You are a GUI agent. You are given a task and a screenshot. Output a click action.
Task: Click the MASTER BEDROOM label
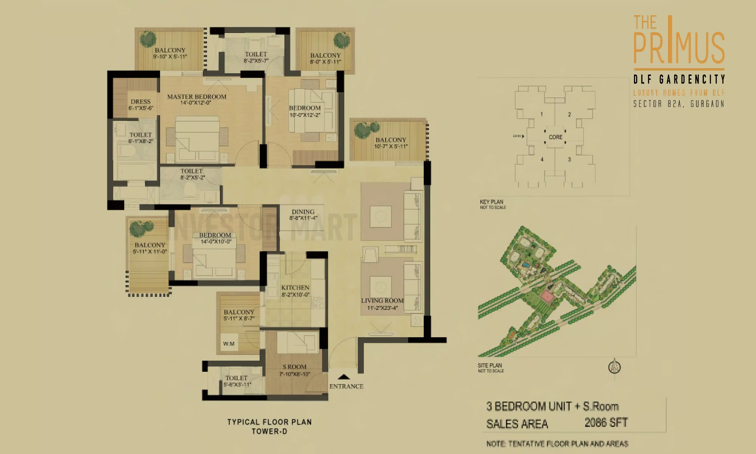point(197,97)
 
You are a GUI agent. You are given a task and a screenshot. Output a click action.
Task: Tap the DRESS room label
point(141,102)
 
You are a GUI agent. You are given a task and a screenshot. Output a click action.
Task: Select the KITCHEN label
point(295,288)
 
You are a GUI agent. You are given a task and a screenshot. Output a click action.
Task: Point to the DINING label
point(303,212)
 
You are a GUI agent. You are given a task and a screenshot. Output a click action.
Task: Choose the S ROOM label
point(294,367)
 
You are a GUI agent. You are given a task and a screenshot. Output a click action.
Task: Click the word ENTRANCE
point(346,386)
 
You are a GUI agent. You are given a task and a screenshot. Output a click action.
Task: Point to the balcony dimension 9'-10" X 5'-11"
point(170,57)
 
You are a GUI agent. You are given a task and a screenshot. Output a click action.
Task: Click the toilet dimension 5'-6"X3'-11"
point(237,385)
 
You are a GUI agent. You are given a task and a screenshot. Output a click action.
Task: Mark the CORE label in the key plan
point(555,137)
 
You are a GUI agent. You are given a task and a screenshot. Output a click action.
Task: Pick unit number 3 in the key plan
point(569,159)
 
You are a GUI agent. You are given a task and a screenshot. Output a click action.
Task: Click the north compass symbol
point(614,367)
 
